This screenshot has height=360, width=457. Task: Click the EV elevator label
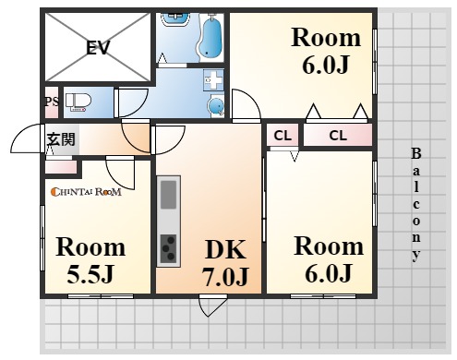tap(98, 48)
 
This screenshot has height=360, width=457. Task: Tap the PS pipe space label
tap(52, 102)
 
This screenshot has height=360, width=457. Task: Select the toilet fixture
tap(78, 102)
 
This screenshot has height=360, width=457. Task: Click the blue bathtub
tap(210, 37)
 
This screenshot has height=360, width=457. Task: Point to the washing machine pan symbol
tap(213, 79)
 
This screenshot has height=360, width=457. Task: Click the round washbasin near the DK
tap(216, 105)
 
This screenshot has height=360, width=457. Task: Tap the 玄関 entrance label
tap(61, 139)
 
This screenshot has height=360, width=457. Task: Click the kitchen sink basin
tap(168, 195)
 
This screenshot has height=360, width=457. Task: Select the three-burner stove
tap(168, 248)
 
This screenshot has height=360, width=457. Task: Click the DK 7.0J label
tap(225, 262)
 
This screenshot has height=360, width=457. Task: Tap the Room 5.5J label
tap(90, 260)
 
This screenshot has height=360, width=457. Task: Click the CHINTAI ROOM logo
tap(86, 192)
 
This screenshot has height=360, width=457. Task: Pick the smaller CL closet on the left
tap(283, 135)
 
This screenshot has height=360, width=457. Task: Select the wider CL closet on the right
tap(338, 135)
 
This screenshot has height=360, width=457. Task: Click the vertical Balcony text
tap(416, 205)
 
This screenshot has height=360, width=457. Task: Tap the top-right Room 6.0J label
tap(326, 51)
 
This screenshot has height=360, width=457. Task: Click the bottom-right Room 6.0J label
tap(329, 259)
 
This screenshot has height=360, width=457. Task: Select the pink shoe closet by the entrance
tap(61, 167)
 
